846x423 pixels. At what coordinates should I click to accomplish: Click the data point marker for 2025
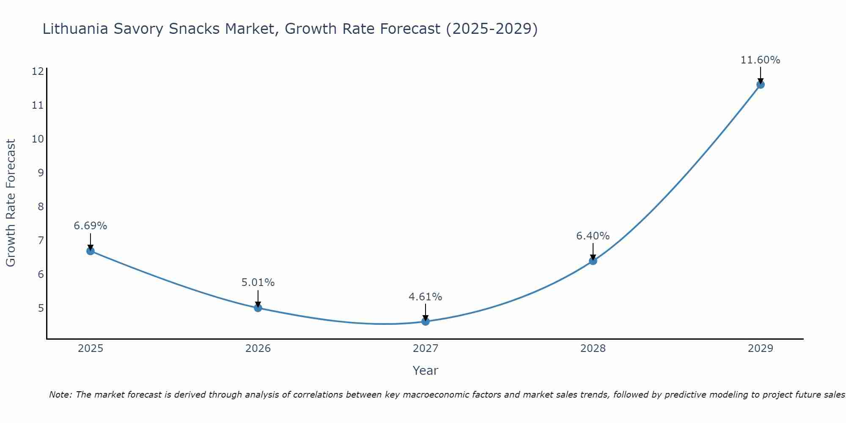91,251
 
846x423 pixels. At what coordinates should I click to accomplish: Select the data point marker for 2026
258,308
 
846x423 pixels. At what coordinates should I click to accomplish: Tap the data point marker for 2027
426,321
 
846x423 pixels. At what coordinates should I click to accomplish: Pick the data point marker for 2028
593,261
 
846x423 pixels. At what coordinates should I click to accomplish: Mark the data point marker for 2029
760,85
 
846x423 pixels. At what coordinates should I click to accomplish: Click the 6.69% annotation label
91,226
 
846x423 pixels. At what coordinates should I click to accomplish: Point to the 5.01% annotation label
258,283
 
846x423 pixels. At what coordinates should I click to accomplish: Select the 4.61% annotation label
426,297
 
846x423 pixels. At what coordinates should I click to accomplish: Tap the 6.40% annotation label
593,236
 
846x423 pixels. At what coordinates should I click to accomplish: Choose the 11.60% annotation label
760,60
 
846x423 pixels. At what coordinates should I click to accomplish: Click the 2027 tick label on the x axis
426,349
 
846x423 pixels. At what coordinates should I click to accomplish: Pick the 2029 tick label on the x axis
760,349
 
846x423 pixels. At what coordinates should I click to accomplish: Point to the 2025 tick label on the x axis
91,349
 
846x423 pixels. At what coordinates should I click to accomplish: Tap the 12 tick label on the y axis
38,71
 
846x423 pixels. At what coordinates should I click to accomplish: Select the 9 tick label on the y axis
41,173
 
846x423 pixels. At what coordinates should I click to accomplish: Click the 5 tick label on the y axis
41,308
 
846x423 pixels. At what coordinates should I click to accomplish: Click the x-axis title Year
426,371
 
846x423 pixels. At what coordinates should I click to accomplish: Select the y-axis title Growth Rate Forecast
11,203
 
